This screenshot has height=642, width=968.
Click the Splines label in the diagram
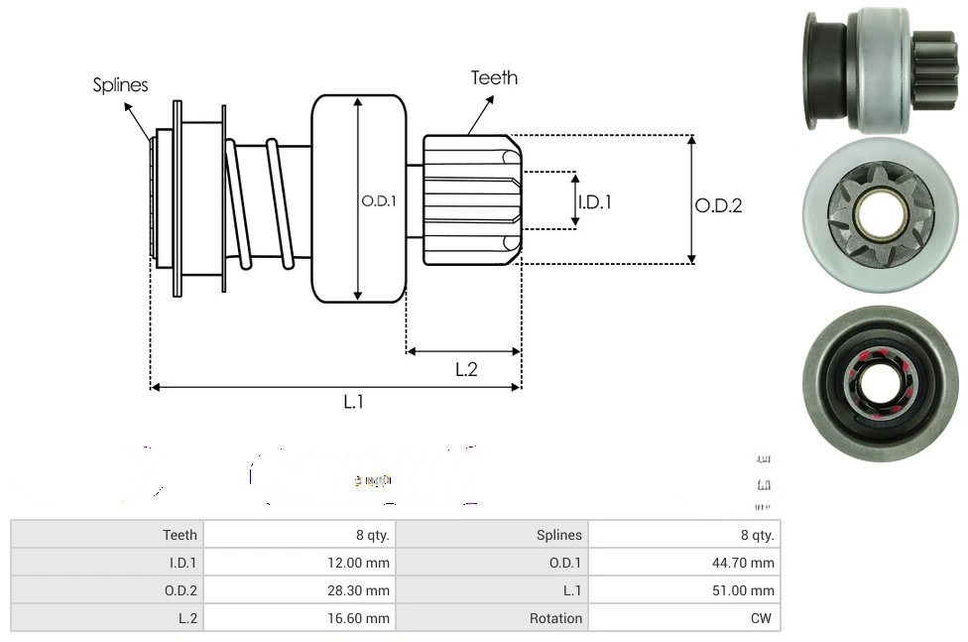(120, 85)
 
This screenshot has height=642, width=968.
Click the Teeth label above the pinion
(494, 77)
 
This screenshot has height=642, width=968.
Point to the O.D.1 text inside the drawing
(379, 200)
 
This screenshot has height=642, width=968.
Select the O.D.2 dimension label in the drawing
(718, 205)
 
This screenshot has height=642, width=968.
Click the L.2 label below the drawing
(466, 369)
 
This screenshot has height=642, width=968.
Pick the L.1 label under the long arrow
(354, 402)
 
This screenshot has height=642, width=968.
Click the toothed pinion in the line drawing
(470, 199)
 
